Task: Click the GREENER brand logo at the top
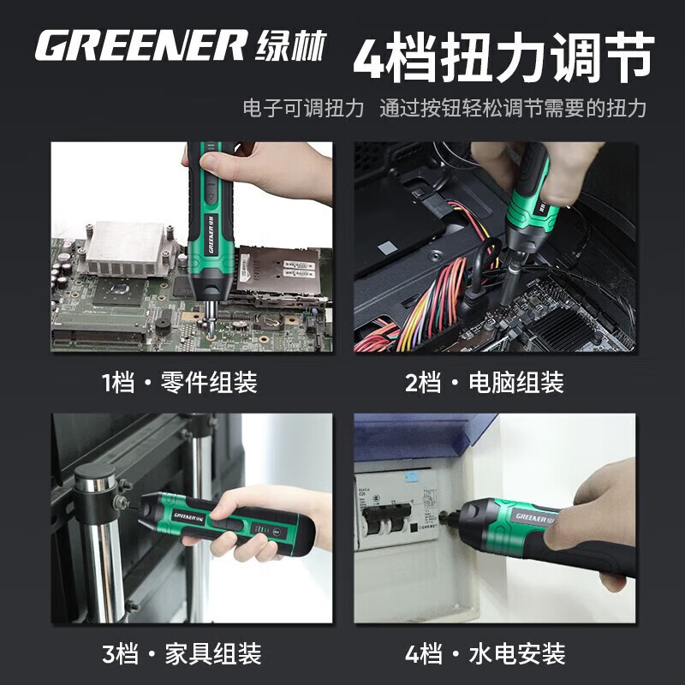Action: click(x=140, y=45)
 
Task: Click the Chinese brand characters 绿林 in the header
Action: click(x=291, y=45)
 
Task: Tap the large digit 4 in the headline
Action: click(x=370, y=57)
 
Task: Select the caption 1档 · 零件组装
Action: click(x=180, y=382)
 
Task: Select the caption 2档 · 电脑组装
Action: click(x=485, y=382)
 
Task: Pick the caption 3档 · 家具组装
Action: click(x=182, y=653)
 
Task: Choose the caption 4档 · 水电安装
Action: click(x=485, y=653)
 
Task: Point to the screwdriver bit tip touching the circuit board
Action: click(x=211, y=337)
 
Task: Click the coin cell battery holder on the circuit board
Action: click(x=267, y=322)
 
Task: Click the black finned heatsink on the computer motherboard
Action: click(x=563, y=325)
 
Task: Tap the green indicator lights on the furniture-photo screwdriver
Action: click(x=261, y=530)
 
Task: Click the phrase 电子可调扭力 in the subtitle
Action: click(x=304, y=108)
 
